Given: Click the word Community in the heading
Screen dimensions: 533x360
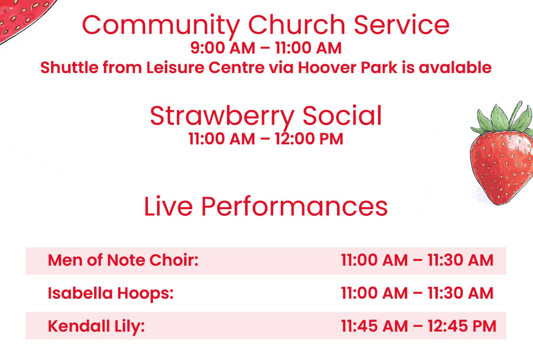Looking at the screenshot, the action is coord(161,26).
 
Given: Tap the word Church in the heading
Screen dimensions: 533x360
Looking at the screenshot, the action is coord(297,25).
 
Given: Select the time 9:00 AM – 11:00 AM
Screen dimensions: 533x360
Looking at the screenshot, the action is coord(266,48).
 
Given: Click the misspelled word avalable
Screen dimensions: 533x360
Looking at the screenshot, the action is coord(455,67).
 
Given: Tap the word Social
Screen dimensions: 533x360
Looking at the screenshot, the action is coord(342,116).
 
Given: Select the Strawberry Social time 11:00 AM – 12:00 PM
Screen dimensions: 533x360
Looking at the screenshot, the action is coord(266,139).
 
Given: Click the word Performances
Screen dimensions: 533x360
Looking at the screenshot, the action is coord(294,207).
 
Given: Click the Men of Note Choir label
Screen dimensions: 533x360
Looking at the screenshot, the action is coord(123,260).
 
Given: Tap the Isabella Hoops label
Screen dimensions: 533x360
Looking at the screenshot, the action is coord(110,294).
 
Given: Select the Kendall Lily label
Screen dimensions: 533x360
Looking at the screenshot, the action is coord(96,326).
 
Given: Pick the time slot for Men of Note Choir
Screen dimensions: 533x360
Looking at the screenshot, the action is coord(417,260).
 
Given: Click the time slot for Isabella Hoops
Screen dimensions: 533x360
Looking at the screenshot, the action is coord(417,294).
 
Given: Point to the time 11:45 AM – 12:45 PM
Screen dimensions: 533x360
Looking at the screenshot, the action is coord(419,326).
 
